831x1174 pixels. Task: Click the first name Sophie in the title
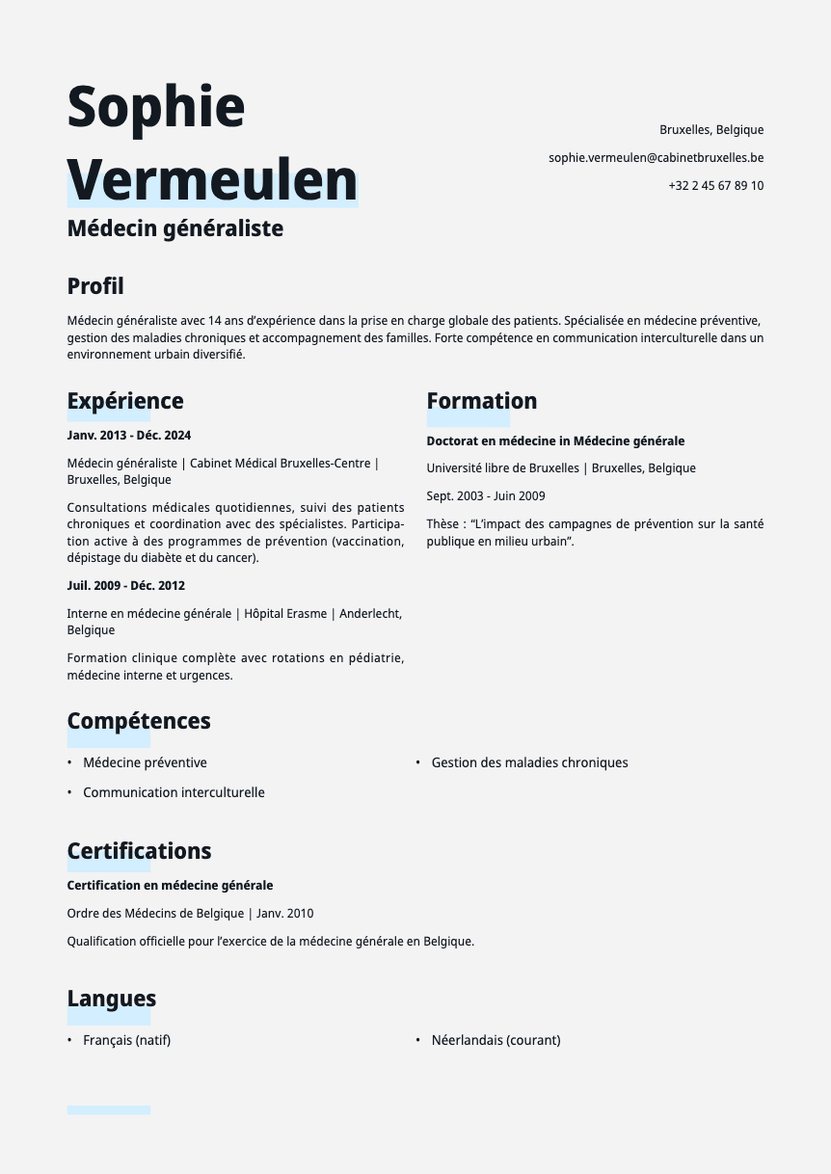pos(156,106)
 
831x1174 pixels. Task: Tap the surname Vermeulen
pos(212,179)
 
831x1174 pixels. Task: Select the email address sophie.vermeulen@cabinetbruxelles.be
pos(656,157)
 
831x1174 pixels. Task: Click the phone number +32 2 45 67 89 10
pos(715,185)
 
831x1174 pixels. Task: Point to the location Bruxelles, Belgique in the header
pos(711,129)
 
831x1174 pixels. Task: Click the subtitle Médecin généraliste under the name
pos(175,228)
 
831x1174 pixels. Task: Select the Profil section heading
pos(95,286)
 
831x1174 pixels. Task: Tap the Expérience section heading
pos(125,401)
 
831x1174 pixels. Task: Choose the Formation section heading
pos(482,401)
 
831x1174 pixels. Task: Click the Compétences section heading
pos(139,721)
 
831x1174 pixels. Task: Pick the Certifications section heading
pos(139,851)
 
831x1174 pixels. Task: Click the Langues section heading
pos(112,999)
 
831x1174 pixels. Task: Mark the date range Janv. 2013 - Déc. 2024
pos(129,435)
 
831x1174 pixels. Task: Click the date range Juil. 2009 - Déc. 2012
pos(126,585)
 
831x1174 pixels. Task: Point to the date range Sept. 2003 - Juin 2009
pos(486,495)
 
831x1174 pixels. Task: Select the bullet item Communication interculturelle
pos(174,792)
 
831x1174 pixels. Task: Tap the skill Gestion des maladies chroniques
pos(529,762)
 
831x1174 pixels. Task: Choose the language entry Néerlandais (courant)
pos(496,1040)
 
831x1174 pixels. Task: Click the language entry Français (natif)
pos(126,1040)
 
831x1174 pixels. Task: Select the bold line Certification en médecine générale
pos(171,885)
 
